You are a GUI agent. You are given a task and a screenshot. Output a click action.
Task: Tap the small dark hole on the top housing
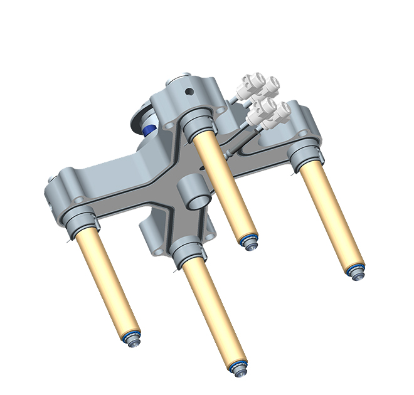pos(188,93)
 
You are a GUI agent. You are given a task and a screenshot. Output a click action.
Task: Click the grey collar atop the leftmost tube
pos(81,222)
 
